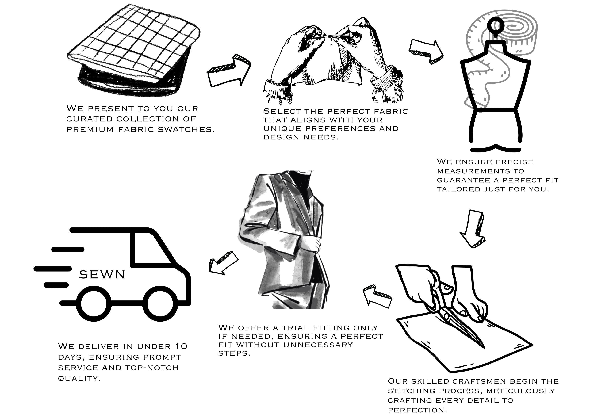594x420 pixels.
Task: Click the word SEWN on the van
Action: tap(102, 274)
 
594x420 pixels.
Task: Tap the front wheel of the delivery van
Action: tap(160, 304)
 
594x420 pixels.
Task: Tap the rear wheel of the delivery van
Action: tap(94, 304)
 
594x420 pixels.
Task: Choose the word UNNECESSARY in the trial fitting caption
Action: tap(318, 345)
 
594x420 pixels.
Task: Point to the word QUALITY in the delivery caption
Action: tap(79, 378)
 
